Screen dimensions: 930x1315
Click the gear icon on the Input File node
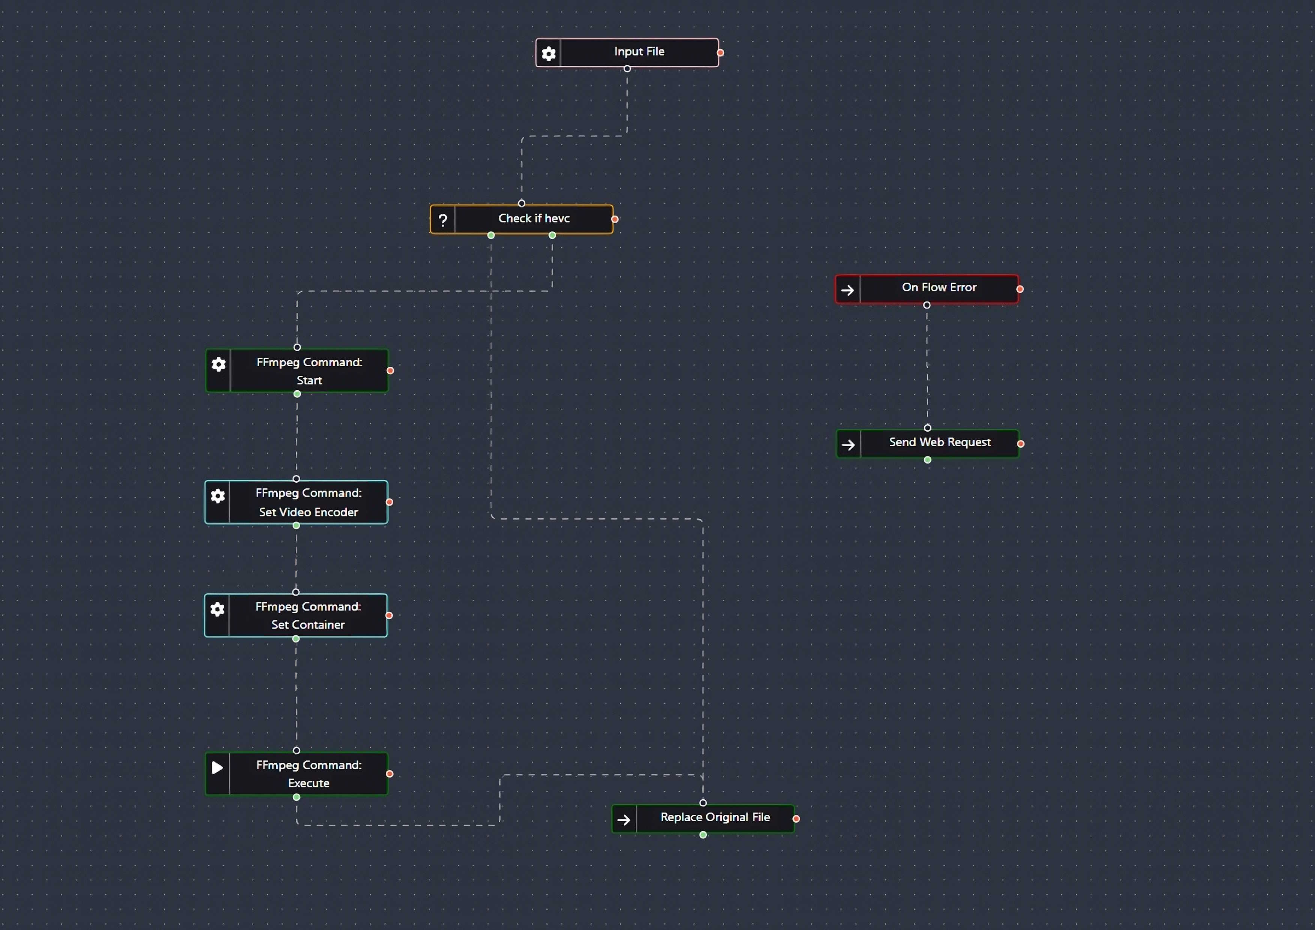coord(548,53)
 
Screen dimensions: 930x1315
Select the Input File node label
coord(639,51)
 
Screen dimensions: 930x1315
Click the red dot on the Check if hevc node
coord(615,219)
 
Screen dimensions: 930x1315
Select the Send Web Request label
coord(939,442)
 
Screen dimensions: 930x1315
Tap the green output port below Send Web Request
coord(927,460)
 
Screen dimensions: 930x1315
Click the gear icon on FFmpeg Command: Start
coord(218,364)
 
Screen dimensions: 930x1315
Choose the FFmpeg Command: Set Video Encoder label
coord(308,502)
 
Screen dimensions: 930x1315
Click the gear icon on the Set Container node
coord(217,609)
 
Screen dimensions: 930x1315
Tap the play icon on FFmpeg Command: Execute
coord(217,767)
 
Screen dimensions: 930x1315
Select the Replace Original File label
coord(715,817)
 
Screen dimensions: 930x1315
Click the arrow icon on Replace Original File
coord(624,820)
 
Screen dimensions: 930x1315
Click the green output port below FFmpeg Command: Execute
coord(296,797)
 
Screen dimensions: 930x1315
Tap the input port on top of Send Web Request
coord(927,428)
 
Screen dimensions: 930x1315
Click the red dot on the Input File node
coord(721,53)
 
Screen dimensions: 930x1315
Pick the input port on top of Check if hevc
coord(521,203)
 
